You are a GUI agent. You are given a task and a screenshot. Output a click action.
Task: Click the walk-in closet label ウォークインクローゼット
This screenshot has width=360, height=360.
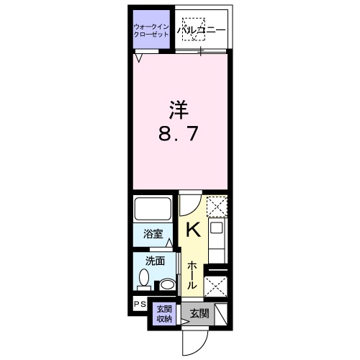click(x=151, y=30)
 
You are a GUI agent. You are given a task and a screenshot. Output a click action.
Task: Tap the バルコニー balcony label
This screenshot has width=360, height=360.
click(x=202, y=30)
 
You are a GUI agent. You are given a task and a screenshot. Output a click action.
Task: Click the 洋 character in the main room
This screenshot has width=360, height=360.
click(x=179, y=110)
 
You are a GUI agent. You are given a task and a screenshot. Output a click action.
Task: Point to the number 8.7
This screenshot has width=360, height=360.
click(x=179, y=134)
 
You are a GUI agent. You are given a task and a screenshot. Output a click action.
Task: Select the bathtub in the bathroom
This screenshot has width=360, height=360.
click(x=153, y=208)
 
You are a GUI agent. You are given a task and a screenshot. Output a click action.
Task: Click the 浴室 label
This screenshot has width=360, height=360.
click(x=153, y=234)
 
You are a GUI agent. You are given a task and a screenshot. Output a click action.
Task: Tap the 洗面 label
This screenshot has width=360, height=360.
click(x=155, y=261)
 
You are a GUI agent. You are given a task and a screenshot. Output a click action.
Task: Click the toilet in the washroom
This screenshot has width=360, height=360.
click(x=144, y=279)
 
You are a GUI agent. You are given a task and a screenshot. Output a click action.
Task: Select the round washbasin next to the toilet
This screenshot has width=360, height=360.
click(x=167, y=284)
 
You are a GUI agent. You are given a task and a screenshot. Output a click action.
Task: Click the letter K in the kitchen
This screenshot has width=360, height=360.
click(x=193, y=230)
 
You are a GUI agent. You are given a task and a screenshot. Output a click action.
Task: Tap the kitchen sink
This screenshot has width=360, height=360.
click(x=216, y=228)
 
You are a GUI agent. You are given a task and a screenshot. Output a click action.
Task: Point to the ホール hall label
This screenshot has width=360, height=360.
click(x=192, y=276)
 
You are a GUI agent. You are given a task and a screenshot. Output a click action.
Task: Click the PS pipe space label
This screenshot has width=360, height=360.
click(x=140, y=305)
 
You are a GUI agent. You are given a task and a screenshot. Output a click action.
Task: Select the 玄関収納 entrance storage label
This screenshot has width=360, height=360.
click(x=164, y=314)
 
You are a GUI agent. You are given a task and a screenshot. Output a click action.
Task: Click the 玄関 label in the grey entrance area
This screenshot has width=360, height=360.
click(x=199, y=313)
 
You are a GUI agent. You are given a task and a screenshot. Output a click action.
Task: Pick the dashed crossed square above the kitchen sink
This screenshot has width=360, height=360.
click(x=217, y=207)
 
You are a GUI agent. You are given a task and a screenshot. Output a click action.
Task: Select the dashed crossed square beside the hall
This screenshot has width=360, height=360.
click(x=215, y=287)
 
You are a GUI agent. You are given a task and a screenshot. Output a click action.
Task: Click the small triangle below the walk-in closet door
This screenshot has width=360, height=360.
click(x=138, y=58)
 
